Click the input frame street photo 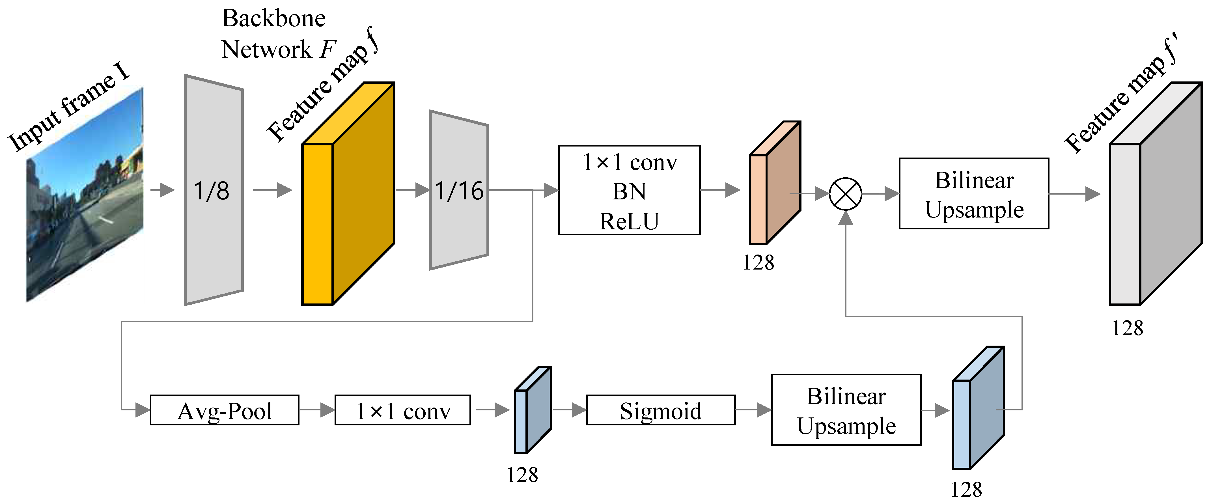(85, 195)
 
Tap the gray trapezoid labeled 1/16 (458, 190)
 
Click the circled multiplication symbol (845, 194)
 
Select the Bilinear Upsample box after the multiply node (974, 194)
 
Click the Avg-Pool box (224, 410)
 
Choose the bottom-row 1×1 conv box (403, 410)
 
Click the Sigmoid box (660, 410)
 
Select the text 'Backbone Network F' (277, 34)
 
